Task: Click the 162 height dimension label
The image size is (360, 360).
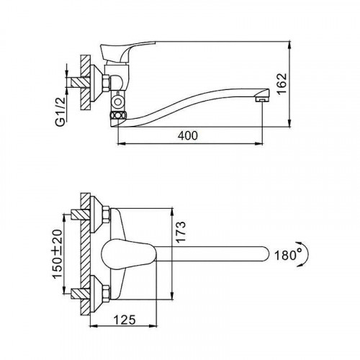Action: [282, 84]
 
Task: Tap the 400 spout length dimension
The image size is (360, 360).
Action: [188, 136]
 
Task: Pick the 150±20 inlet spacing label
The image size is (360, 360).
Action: [57, 254]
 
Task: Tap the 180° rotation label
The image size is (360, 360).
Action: [288, 256]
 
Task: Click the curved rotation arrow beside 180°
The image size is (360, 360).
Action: [306, 254]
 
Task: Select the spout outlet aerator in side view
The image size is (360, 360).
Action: [262, 99]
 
